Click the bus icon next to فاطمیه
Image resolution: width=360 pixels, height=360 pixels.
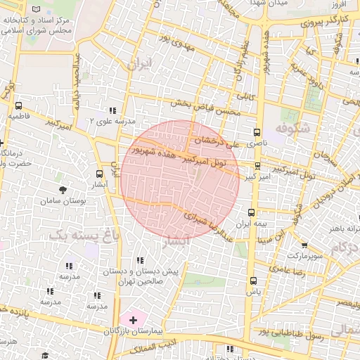point(18,105)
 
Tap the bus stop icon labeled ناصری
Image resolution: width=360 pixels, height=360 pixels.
point(256,132)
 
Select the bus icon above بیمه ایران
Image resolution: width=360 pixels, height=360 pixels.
point(251,212)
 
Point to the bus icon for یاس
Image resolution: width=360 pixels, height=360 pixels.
point(254,281)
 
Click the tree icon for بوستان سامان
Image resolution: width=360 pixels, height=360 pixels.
point(63,190)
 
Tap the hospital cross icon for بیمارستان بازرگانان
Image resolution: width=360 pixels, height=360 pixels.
point(134,320)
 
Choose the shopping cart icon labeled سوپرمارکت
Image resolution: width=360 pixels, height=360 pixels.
point(304,245)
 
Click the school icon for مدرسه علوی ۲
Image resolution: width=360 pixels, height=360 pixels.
point(112,110)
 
